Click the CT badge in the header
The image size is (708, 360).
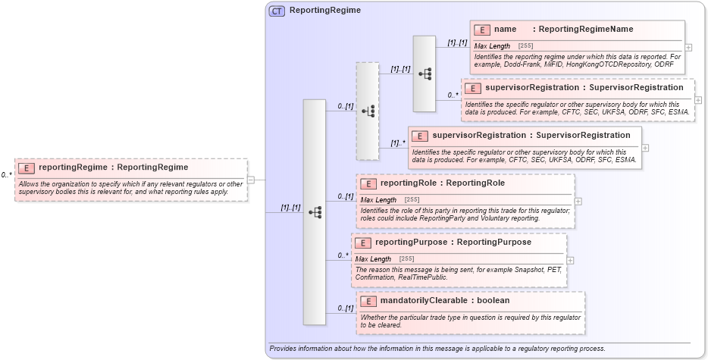click(277, 11)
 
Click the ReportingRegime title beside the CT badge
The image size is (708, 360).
click(325, 11)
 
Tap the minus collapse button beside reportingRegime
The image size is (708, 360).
click(251, 180)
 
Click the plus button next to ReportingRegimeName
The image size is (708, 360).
click(688, 47)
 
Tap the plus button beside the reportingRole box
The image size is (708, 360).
click(578, 202)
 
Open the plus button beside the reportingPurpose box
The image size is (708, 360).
click(570, 260)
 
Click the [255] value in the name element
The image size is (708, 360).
click(525, 46)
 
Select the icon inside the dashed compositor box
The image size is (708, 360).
click(368, 111)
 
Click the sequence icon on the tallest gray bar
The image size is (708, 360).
click(315, 212)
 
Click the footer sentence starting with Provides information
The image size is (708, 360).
click(437, 349)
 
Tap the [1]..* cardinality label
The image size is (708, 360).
click(398, 142)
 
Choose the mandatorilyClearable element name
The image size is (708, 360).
click(422, 301)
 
